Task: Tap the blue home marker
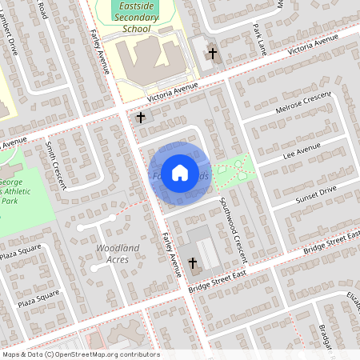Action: pyautogui.click(x=180, y=172)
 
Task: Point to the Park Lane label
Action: pyautogui.click(x=257, y=33)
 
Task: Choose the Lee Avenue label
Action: pyautogui.click(x=302, y=150)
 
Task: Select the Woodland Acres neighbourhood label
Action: pyautogui.click(x=118, y=254)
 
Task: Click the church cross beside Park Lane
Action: pyautogui.click(x=213, y=54)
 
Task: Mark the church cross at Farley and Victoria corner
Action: pyautogui.click(x=141, y=118)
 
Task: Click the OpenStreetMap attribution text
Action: pyautogui.click(x=80, y=354)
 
